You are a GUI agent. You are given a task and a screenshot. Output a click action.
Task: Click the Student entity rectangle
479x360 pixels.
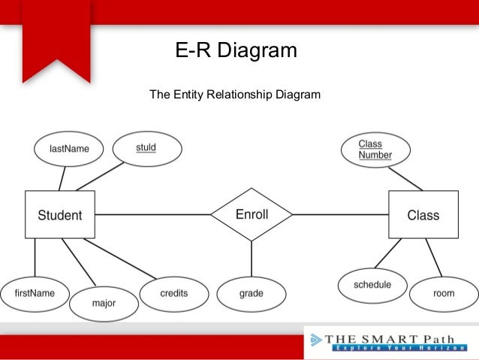point(60,215)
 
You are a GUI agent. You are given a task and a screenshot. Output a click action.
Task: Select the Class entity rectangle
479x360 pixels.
point(423,215)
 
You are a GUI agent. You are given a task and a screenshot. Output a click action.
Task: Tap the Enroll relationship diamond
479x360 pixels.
point(252,215)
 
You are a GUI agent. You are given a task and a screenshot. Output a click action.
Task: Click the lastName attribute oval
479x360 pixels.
point(69,149)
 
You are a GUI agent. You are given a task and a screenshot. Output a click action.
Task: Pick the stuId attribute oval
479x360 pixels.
point(146,148)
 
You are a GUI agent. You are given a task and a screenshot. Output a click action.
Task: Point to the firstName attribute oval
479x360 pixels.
point(35,293)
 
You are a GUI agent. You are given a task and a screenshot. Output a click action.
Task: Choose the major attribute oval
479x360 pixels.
point(104,303)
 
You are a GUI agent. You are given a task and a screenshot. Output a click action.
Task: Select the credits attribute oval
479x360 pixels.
point(173,292)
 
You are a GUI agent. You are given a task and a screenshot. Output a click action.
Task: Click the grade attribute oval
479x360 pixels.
point(251,293)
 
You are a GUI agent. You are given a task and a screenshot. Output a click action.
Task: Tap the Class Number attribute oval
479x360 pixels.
point(375,150)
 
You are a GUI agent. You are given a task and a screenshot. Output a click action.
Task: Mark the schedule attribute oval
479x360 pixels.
point(372,285)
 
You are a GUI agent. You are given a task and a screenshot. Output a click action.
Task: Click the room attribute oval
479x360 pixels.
point(444,293)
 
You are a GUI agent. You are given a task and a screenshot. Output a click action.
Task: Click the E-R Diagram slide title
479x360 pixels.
point(236,50)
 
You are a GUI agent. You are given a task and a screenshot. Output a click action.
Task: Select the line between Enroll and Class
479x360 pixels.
point(340,215)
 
